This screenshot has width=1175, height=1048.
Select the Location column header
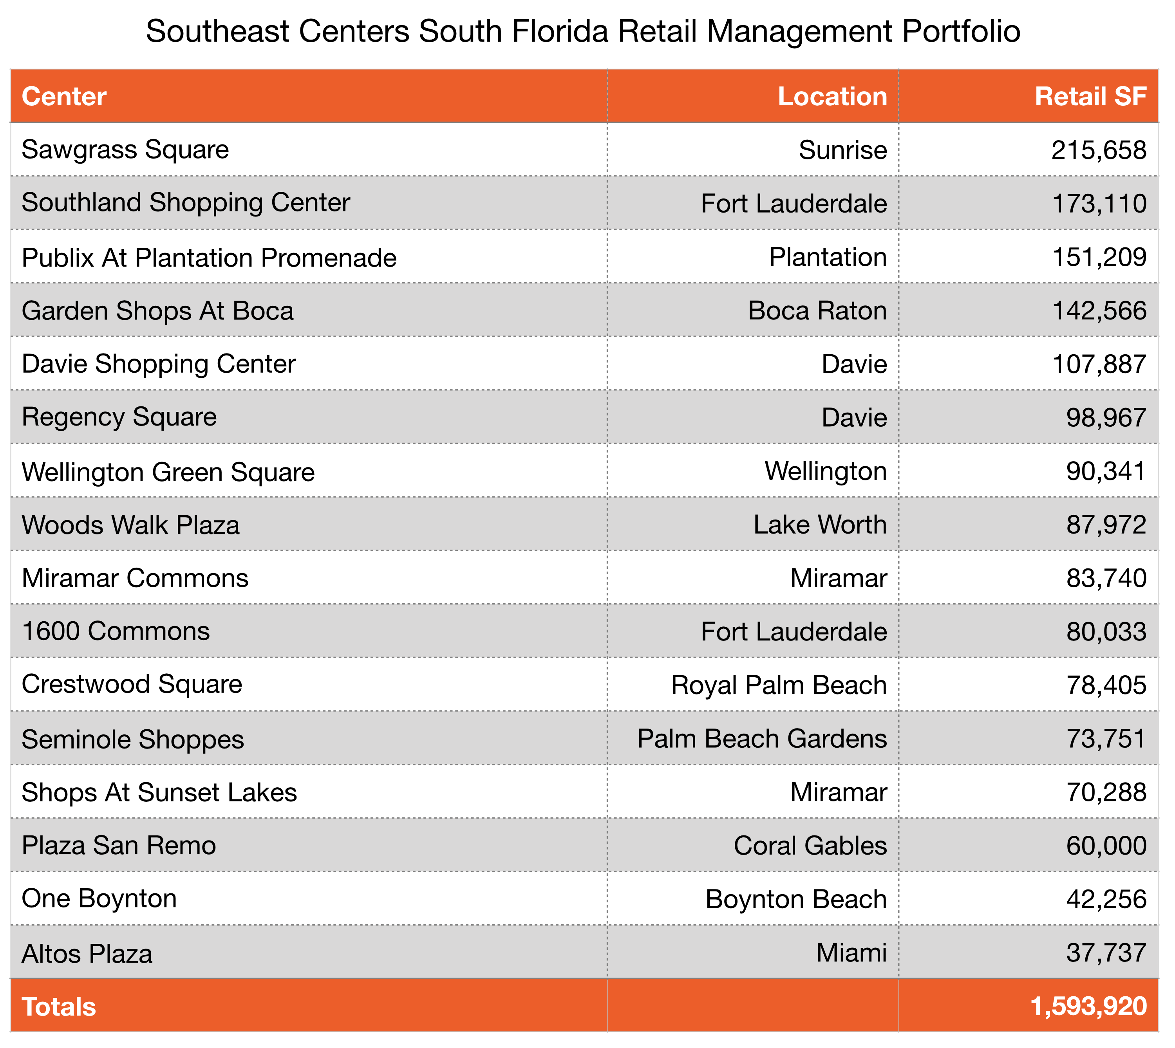point(832,97)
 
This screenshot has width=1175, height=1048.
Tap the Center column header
point(64,97)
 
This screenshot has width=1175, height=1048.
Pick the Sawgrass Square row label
point(125,150)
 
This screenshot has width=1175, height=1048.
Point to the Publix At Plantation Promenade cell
point(209,257)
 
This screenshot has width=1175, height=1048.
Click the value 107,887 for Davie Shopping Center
point(1098,364)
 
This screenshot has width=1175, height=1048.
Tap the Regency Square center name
point(119,417)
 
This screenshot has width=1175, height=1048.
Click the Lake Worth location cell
point(820,525)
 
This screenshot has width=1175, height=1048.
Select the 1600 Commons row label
point(116,631)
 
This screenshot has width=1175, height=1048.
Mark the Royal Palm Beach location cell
point(779,685)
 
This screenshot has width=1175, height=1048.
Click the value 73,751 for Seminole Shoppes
point(1105,739)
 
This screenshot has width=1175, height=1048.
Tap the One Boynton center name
point(99,899)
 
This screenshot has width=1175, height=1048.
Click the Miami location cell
point(851,953)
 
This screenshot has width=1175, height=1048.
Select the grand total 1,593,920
point(1088,1007)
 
